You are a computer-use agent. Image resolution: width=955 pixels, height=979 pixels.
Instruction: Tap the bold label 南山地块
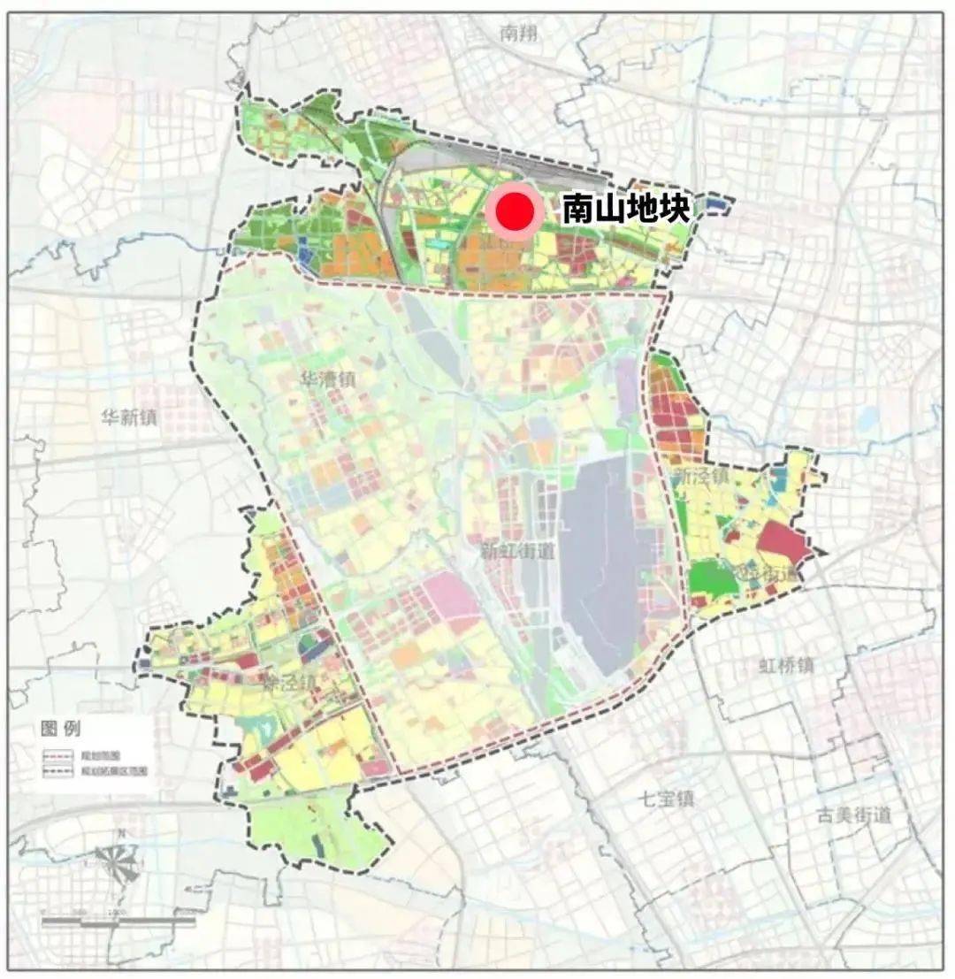(x=625, y=210)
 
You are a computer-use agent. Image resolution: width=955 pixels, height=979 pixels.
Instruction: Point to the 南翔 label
(x=518, y=34)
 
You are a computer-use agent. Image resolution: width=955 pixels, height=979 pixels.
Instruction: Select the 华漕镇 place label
(x=327, y=381)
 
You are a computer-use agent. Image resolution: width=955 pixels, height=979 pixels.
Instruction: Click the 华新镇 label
(x=128, y=417)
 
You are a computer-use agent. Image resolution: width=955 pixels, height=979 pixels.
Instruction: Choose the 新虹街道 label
(x=517, y=552)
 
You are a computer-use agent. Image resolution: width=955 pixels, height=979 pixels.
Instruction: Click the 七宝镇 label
(x=668, y=799)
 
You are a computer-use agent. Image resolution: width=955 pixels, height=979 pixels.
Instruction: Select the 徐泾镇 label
(x=288, y=683)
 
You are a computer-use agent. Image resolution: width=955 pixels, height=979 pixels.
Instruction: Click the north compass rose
(x=118, y=860)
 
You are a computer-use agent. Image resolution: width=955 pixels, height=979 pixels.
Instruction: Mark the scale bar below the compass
(x=118, y=921)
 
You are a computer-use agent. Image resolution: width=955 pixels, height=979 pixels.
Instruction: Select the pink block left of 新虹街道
(x=451, y=597)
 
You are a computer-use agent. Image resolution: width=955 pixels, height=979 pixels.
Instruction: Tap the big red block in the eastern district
(x=783, y=542)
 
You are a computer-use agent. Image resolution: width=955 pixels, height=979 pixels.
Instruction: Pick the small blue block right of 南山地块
(x=717, y=205)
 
